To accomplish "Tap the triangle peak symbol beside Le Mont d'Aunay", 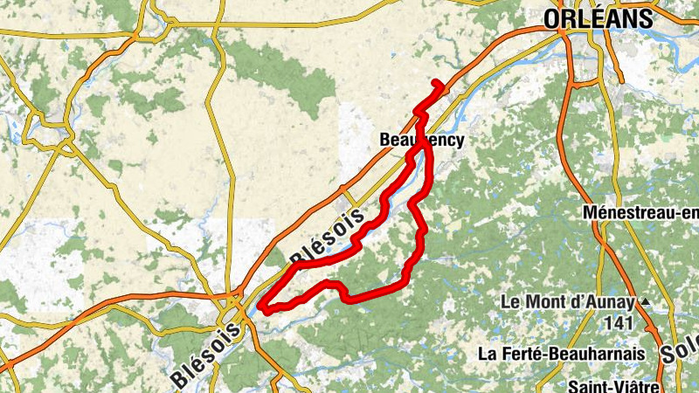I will click(x=646, y=301).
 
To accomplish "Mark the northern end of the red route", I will click(x=436, y=82).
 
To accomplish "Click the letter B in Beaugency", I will click(x=385, y=140).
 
